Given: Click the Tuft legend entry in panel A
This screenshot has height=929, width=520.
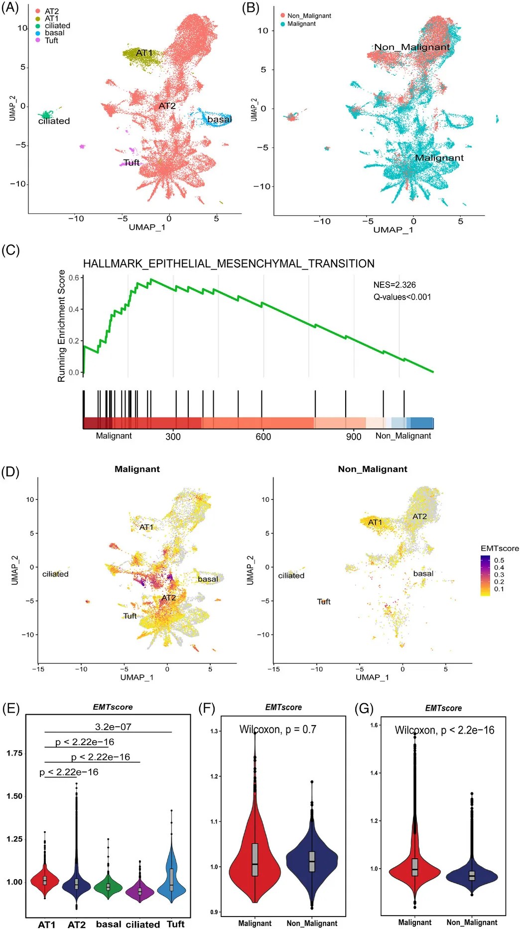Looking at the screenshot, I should point(51,40).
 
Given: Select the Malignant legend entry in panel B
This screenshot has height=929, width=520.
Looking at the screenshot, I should point(301,23).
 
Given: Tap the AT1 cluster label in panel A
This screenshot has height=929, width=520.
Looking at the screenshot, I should point(144,53).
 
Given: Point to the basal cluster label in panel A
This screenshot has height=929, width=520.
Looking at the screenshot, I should point(219,119).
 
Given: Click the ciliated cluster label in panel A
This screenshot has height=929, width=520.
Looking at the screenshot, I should point(54,121).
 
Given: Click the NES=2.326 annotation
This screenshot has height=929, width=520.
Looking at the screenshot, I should point(394,285).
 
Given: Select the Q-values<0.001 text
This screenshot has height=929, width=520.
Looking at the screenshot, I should point(402,297).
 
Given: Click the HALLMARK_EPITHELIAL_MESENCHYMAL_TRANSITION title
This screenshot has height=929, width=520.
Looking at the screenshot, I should point(229,263).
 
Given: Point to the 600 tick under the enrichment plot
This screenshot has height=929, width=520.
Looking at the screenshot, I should point(263,437).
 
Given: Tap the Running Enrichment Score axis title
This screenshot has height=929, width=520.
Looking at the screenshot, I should point(62,326).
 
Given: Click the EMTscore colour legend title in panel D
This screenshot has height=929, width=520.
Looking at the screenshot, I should point(500,548).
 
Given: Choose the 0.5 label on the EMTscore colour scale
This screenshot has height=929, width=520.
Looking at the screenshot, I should point(499,560).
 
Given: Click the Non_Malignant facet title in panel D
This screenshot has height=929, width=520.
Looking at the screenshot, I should point(372,469).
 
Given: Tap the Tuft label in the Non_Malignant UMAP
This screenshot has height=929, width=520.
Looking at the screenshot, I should point(324,602).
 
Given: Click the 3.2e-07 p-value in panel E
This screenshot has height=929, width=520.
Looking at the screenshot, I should point(113,727).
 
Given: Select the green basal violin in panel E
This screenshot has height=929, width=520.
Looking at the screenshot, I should point(109,886).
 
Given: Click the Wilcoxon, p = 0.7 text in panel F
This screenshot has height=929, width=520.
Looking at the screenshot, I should point(277,729).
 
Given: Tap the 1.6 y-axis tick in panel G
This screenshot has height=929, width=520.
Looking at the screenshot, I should point(374,725).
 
